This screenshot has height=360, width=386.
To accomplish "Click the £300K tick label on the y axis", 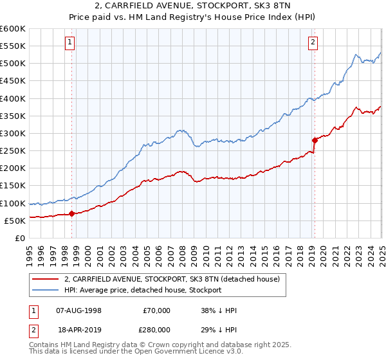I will (12, 133).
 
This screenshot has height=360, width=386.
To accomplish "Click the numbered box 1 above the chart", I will (69, 43).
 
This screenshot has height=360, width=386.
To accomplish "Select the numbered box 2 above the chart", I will (313, 43).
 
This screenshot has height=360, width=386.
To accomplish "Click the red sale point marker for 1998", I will (71, 213).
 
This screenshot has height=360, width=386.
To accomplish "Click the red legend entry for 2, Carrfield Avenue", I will (171, 279).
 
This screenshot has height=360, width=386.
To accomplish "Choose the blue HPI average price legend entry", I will (142, 290).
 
